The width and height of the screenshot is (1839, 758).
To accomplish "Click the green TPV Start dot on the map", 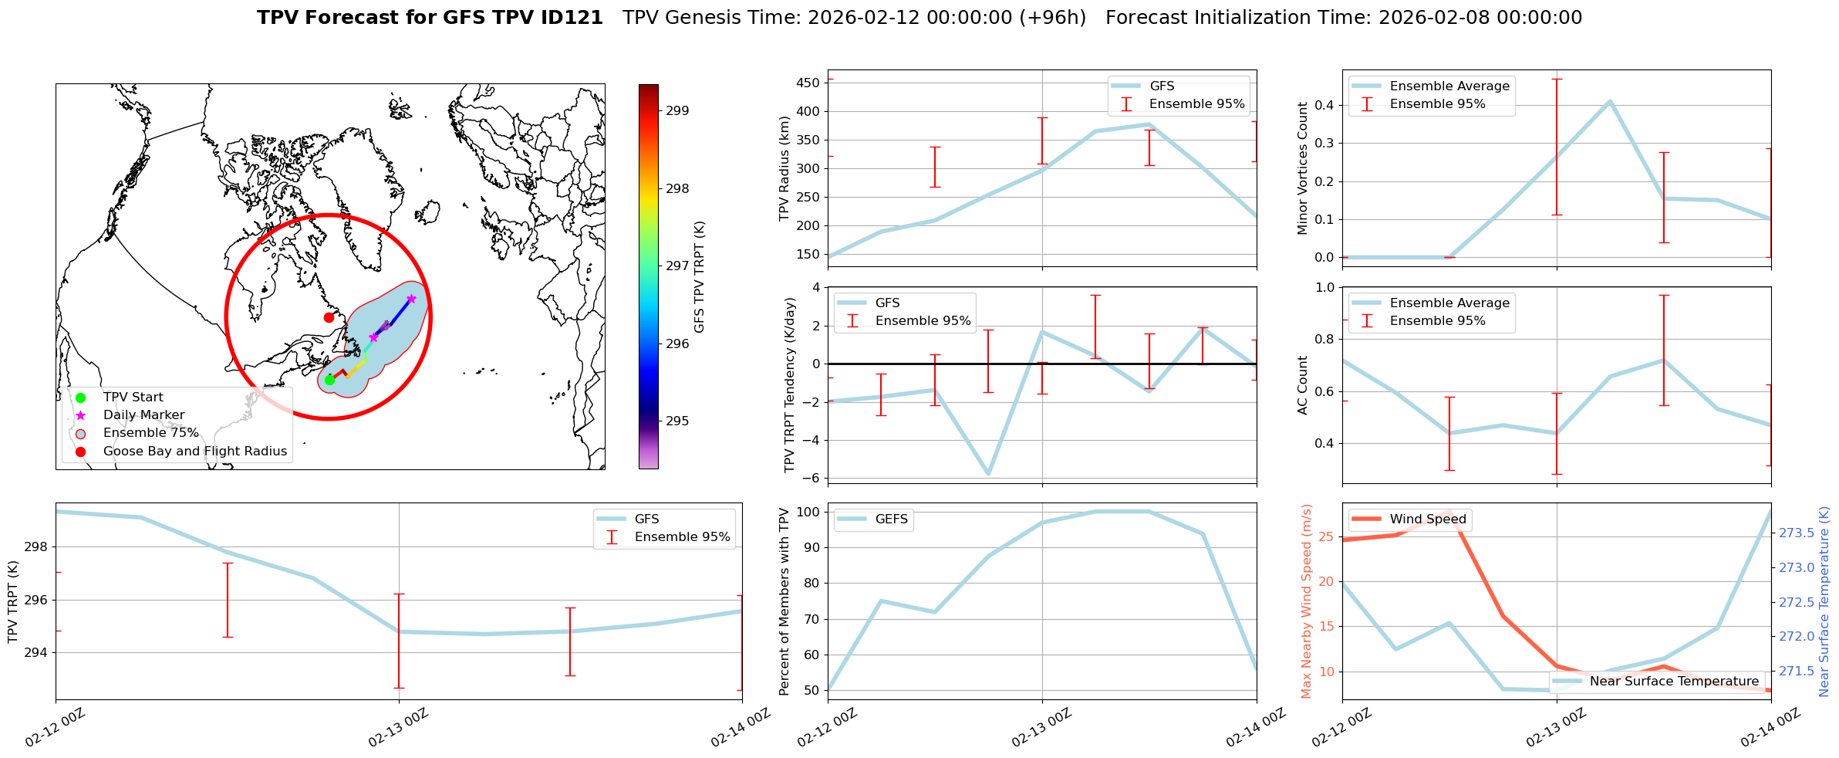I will (329, 380).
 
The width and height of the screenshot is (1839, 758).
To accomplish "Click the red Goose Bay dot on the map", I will (329, 317).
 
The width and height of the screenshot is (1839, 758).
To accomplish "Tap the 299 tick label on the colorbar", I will (677, 110).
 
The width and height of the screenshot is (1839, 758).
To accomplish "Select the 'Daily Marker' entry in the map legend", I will (143, 415).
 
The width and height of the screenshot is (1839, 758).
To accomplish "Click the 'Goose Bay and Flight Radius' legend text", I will (194, 451).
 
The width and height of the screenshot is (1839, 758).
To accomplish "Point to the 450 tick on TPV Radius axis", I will (808, 83).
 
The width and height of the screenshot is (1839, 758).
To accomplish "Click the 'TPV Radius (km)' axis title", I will (785, 168).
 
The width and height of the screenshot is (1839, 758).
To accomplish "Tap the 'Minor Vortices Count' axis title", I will (1302, 168).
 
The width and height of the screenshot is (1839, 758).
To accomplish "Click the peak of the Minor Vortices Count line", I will (1610, 101).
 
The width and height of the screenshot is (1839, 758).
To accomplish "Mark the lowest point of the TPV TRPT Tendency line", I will (988, 474).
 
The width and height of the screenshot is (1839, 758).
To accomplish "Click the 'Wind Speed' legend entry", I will (1427, 519).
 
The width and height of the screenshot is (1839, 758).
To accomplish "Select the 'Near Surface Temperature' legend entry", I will (1674, 682).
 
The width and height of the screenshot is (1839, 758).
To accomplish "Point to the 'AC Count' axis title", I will (1302, 385).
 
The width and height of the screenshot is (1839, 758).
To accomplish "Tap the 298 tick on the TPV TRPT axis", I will (37, 547).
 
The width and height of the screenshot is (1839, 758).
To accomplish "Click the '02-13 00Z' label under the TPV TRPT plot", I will (397, 728).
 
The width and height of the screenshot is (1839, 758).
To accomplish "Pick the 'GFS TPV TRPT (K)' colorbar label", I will (699, 276).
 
